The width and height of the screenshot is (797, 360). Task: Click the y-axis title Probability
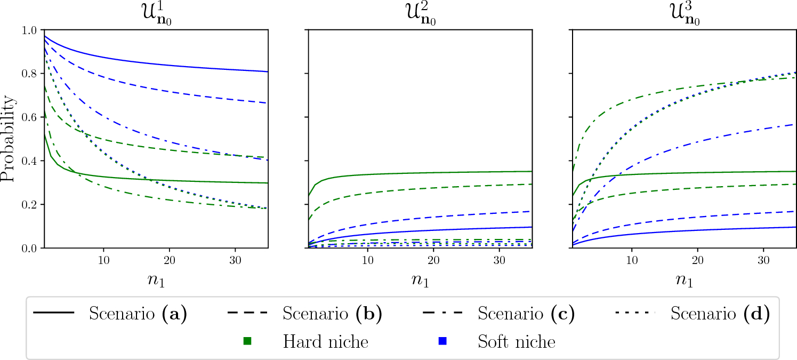point(9,139)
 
